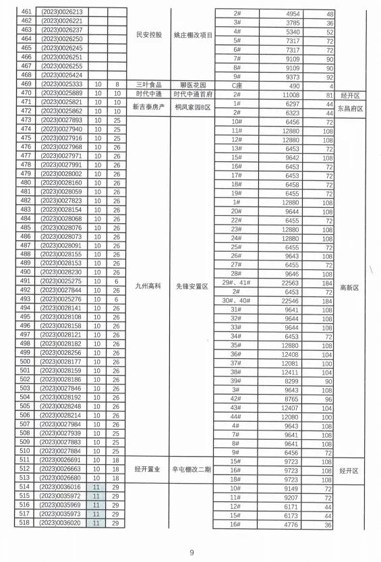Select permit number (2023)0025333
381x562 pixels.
(x=61, y=84)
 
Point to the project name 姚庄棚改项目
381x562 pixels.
(x=192, y=35)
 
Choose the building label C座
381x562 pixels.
(x=236, y=86)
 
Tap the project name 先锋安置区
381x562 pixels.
(x=192, y=286)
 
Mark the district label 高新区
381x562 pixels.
(x=351, y=287)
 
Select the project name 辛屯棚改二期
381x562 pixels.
(x=192, y=469)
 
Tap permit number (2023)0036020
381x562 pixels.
(x=61, y=523)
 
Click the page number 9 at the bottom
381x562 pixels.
(x=192, y=553)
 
